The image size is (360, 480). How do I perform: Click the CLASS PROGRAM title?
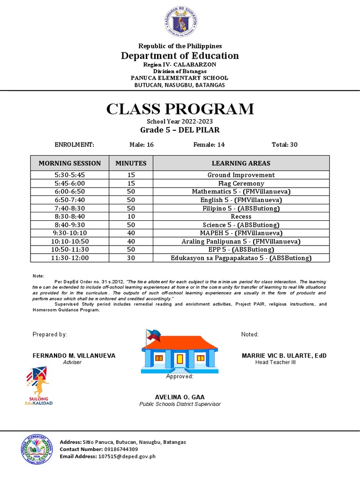180,109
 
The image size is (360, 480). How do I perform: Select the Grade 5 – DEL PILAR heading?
180,130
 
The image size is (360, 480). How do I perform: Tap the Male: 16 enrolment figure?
142,145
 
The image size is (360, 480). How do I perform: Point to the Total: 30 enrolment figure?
285,145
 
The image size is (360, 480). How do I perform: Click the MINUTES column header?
131,163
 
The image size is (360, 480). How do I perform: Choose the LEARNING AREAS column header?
241,163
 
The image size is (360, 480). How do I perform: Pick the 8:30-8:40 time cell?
69,217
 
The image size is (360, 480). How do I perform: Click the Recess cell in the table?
241,217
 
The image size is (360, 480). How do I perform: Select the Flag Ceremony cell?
241,183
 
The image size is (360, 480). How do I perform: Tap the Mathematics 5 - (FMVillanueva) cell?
241,192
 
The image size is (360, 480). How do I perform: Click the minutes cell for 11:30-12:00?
131,258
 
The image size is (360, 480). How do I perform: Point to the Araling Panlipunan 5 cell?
241,241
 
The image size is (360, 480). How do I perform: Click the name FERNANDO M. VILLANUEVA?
74,356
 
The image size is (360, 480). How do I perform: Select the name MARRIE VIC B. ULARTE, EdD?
284,356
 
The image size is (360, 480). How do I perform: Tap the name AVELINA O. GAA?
180,397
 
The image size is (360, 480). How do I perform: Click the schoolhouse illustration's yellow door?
180,359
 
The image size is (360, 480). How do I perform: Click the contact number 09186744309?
118,449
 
